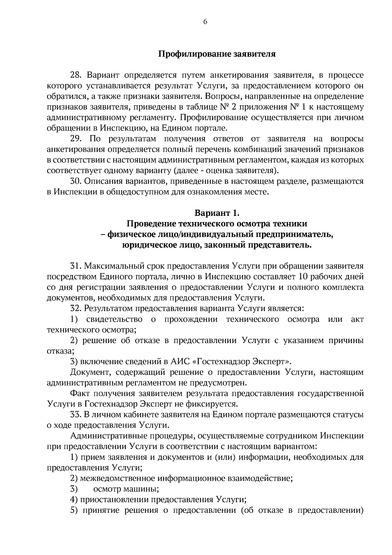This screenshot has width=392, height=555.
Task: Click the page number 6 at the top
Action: [x=205, y=22]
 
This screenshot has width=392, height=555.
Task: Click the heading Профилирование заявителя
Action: [x=217, y=54]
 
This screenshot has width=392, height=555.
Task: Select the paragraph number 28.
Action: [x=76, y=76]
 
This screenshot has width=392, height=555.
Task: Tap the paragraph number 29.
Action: [x=76, y=139]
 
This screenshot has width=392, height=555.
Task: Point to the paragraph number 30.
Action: [x=75, y=181]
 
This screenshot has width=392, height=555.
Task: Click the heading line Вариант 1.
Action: [x=217, y=213]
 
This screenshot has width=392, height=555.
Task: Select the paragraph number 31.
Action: [x=75, y=266]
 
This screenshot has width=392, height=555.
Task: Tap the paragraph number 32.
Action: [x=75, y=308]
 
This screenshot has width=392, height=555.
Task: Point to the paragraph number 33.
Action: [x=75, y=415]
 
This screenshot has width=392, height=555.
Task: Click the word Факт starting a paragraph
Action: [x=79, y=393]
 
